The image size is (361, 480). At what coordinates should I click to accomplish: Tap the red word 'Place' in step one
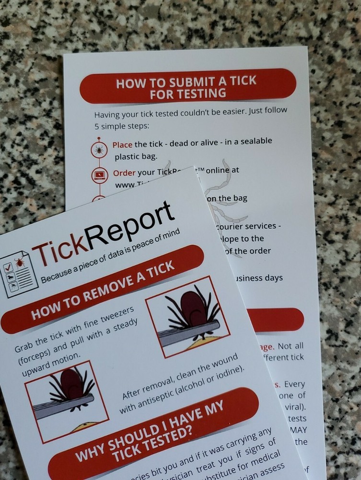(123, 144)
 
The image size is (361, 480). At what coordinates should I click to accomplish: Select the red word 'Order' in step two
(124, 173)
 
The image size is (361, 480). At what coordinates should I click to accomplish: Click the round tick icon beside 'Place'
(99, 150)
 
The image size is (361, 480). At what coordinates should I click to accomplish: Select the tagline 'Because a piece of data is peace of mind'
(110, 256)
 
